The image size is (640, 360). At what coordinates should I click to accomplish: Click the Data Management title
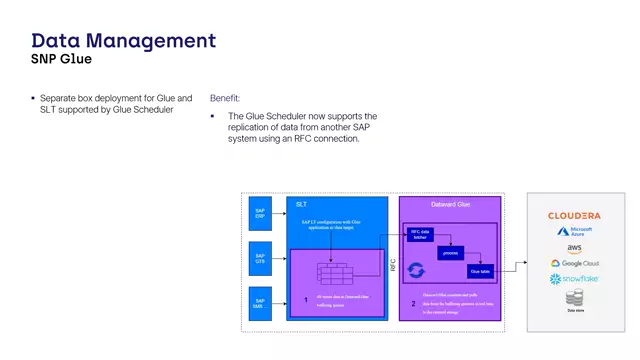click(x=123, y=40)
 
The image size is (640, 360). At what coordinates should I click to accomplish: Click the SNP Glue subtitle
click(x=62, y=59)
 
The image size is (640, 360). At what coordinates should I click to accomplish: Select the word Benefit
click(x=224, y=99)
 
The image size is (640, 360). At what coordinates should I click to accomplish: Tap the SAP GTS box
click(x=259, y=258)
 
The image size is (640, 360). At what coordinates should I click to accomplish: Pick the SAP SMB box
click(x=259, y=301)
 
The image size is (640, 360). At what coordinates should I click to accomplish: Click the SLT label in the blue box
click(x=302, y=204)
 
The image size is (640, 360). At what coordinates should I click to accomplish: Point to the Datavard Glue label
click(x=450, y=204)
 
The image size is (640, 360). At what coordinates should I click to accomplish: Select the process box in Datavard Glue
click(x=450, y=253)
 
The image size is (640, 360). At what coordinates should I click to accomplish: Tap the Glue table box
click(x=480, y=270)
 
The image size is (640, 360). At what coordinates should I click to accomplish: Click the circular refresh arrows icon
click(x=418, y=270)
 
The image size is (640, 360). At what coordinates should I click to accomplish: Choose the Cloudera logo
click(x=574, y=215)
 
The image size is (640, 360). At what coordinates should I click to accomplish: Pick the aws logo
click(x=574, y=248)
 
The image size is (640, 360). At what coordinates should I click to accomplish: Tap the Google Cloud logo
click(x=574, y=264)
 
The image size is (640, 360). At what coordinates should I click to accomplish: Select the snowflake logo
click(x=574, y=279)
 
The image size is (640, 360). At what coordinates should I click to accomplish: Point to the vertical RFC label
click(x=392, y=267)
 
